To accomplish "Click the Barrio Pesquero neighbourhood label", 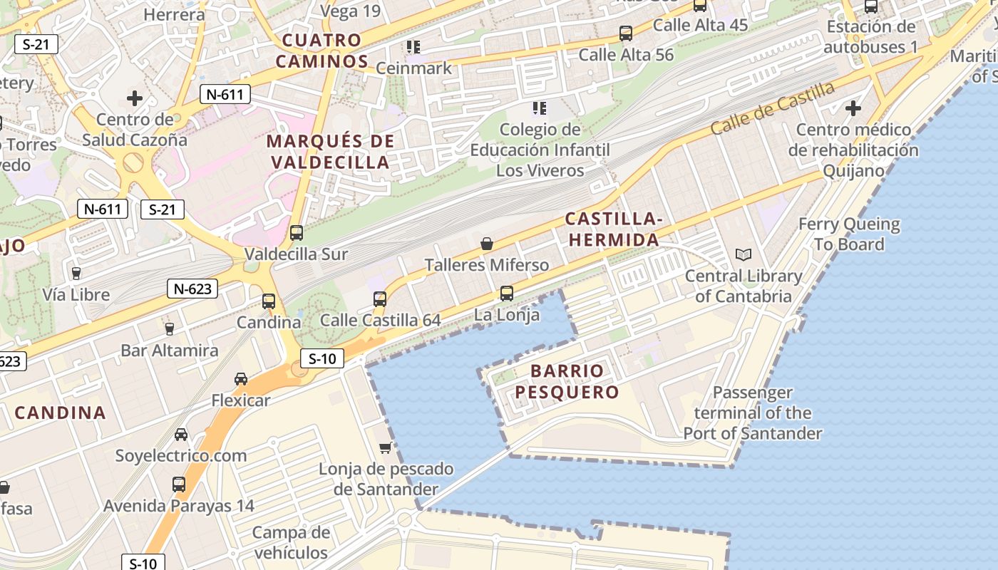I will click(x=567, y=382).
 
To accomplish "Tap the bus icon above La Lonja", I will click(x=506, y=293).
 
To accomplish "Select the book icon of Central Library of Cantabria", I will click(x=743, y=254).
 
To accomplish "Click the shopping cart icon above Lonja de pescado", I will click(x=386, y=447).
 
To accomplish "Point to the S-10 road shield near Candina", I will click(x=322, y=358).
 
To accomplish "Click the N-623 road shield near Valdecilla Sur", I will click(x=192, y=289).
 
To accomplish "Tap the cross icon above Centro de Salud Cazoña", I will click(x=134, y=98).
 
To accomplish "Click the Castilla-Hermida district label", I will click(x=613, y=229).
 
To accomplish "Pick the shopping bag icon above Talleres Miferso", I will click(x=487, y=244).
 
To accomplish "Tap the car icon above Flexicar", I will click(x=241, y=379).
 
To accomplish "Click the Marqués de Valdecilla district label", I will click(x=329, y=152).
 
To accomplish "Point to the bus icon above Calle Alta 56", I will click(x=625, y=33).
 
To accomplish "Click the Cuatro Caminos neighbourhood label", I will click(x=321, y=51).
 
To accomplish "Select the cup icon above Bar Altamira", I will click(x=169, y=328).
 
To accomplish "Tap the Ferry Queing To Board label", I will click(x=848, y=234).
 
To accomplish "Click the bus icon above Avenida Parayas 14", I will click(x=178, y=484).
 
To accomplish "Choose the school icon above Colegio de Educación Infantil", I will click(x=540, y=108).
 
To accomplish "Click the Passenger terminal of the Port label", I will click(x=753, y=413).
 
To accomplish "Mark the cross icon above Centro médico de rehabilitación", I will click(x=853, y=108).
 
